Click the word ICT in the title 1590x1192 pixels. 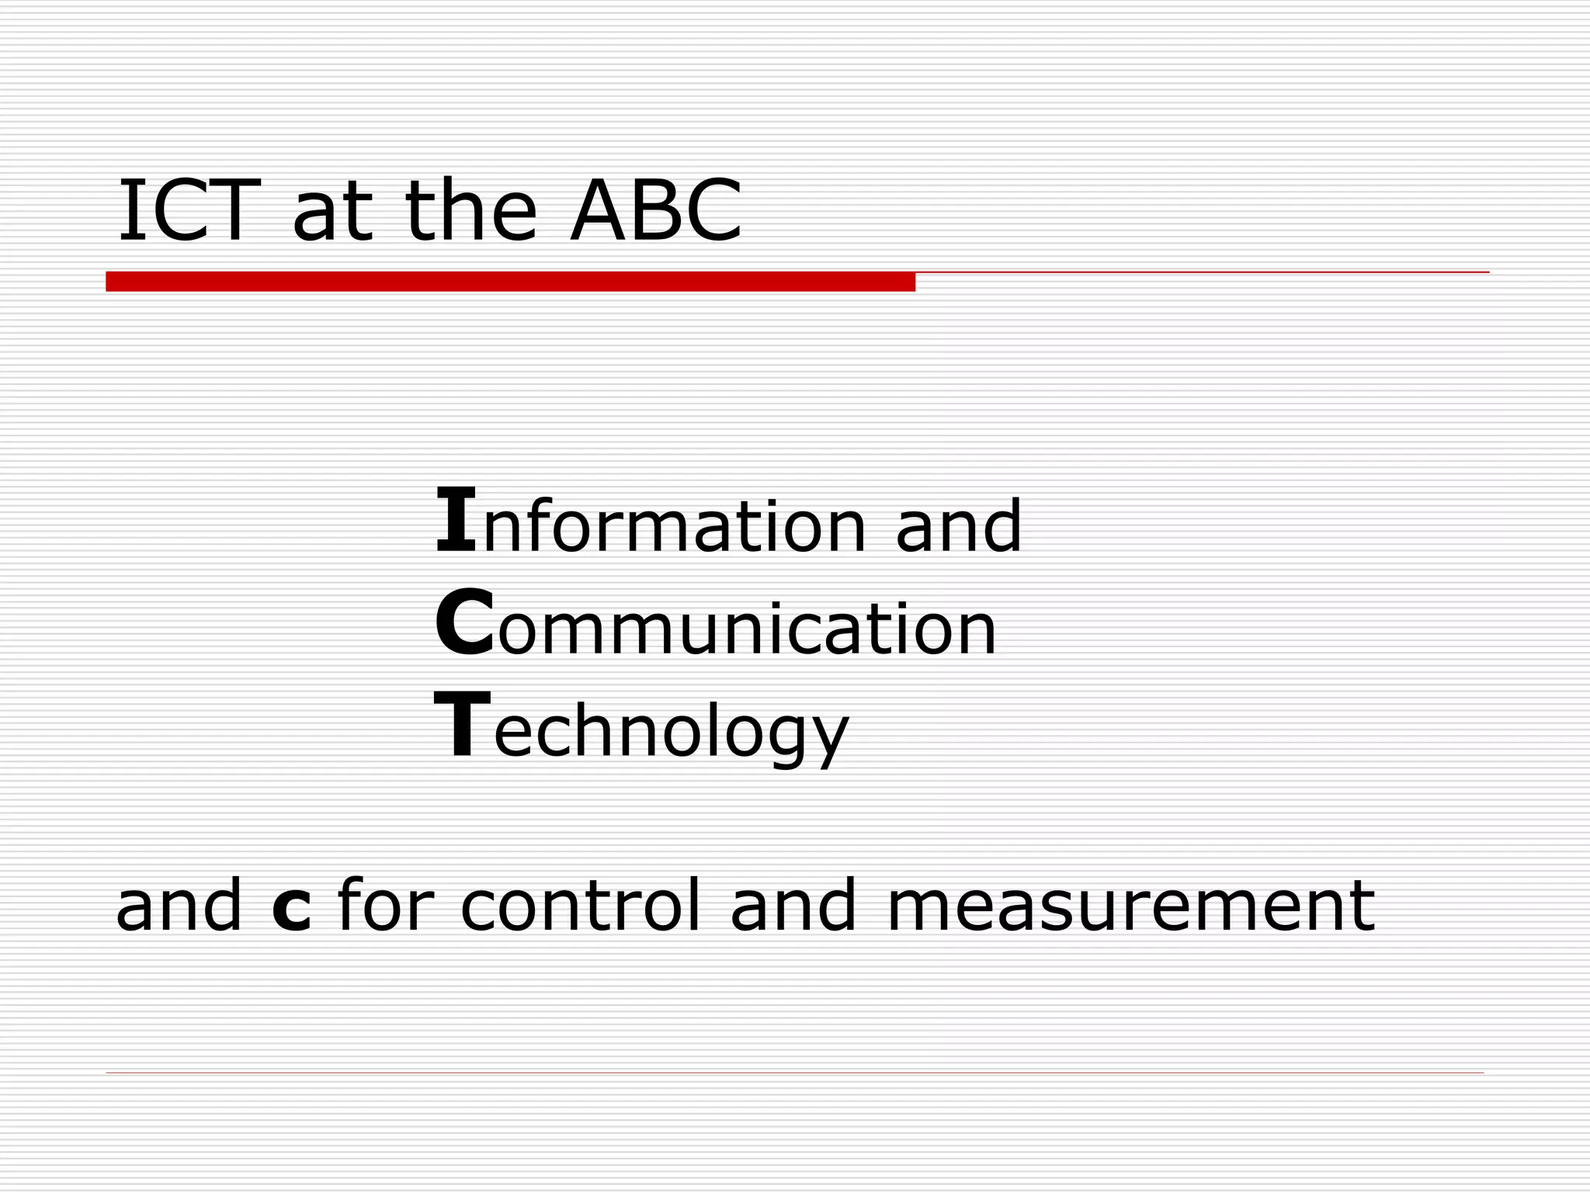[186, 211]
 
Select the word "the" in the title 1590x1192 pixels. [470, 211]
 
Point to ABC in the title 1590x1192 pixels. [656, 211]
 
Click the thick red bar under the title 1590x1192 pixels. [510, 282]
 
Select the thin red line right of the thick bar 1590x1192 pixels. [1202, 272]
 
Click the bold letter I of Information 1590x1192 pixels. [456, 519]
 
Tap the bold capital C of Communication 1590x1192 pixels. [464, 623]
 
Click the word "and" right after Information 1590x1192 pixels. [958, 527]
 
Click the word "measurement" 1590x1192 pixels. [1130, 906]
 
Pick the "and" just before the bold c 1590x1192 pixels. [179, 906]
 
